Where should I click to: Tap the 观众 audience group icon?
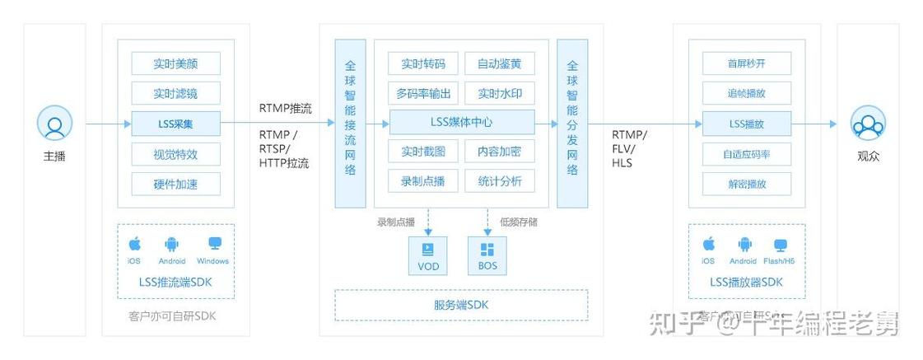point(868,124)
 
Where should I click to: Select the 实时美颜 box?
point(175,63)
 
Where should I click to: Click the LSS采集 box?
point(175,124)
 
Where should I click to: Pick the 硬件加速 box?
point(175,184)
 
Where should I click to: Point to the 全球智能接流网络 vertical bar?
point(350,123)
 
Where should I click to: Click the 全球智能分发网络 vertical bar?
point(572,123)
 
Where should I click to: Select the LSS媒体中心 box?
point(462,122)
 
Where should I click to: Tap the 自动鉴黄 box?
point(499,63)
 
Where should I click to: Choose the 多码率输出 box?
point(423,92)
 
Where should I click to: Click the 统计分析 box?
point(499,180)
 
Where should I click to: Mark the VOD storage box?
point(428,255)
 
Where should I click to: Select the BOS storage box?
point(487,255)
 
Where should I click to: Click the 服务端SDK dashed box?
point(461,305)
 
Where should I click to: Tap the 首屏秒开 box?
point(746,63)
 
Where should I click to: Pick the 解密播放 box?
point(746,184)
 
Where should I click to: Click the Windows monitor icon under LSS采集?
point(214,244)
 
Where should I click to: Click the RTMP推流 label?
point(286,108)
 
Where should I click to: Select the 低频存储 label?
point(518,222)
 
